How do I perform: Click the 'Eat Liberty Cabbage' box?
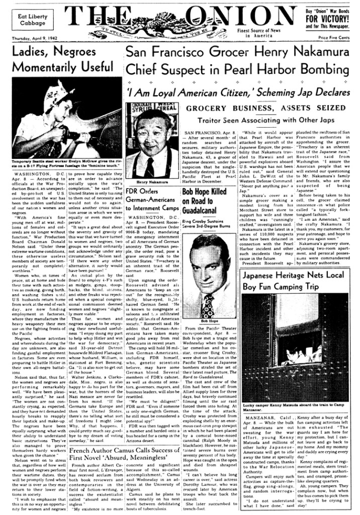tap(33, 20)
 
